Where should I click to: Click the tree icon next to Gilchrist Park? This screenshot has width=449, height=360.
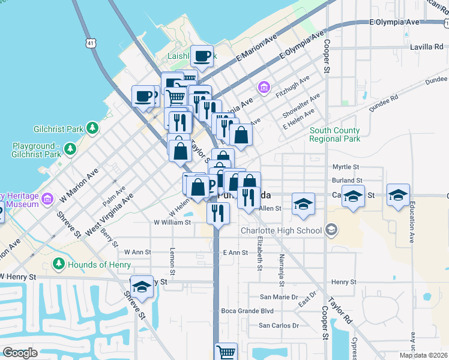point(92,127)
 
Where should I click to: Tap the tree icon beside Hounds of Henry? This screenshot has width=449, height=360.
point(58,263)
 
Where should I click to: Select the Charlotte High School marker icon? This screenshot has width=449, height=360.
point(331,230)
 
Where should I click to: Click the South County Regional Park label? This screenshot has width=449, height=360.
point(334,134)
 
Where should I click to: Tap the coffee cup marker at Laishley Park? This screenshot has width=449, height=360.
point(202,57)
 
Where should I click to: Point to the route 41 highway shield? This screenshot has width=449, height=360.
point(90,43)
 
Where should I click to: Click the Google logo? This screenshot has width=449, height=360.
point(20,353)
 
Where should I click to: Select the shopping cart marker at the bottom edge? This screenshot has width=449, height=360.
point(226,352)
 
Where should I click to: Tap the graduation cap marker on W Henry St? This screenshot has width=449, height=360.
point(142,289)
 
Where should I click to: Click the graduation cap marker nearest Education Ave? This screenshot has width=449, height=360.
point(398,196)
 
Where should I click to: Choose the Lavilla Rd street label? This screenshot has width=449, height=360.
point(426,46)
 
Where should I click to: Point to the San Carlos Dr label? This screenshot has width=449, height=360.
point(278,326)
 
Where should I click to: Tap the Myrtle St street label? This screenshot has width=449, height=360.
point(345,167)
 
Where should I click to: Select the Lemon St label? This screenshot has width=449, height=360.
point(172,262)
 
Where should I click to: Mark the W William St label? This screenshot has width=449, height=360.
point(172,222)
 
